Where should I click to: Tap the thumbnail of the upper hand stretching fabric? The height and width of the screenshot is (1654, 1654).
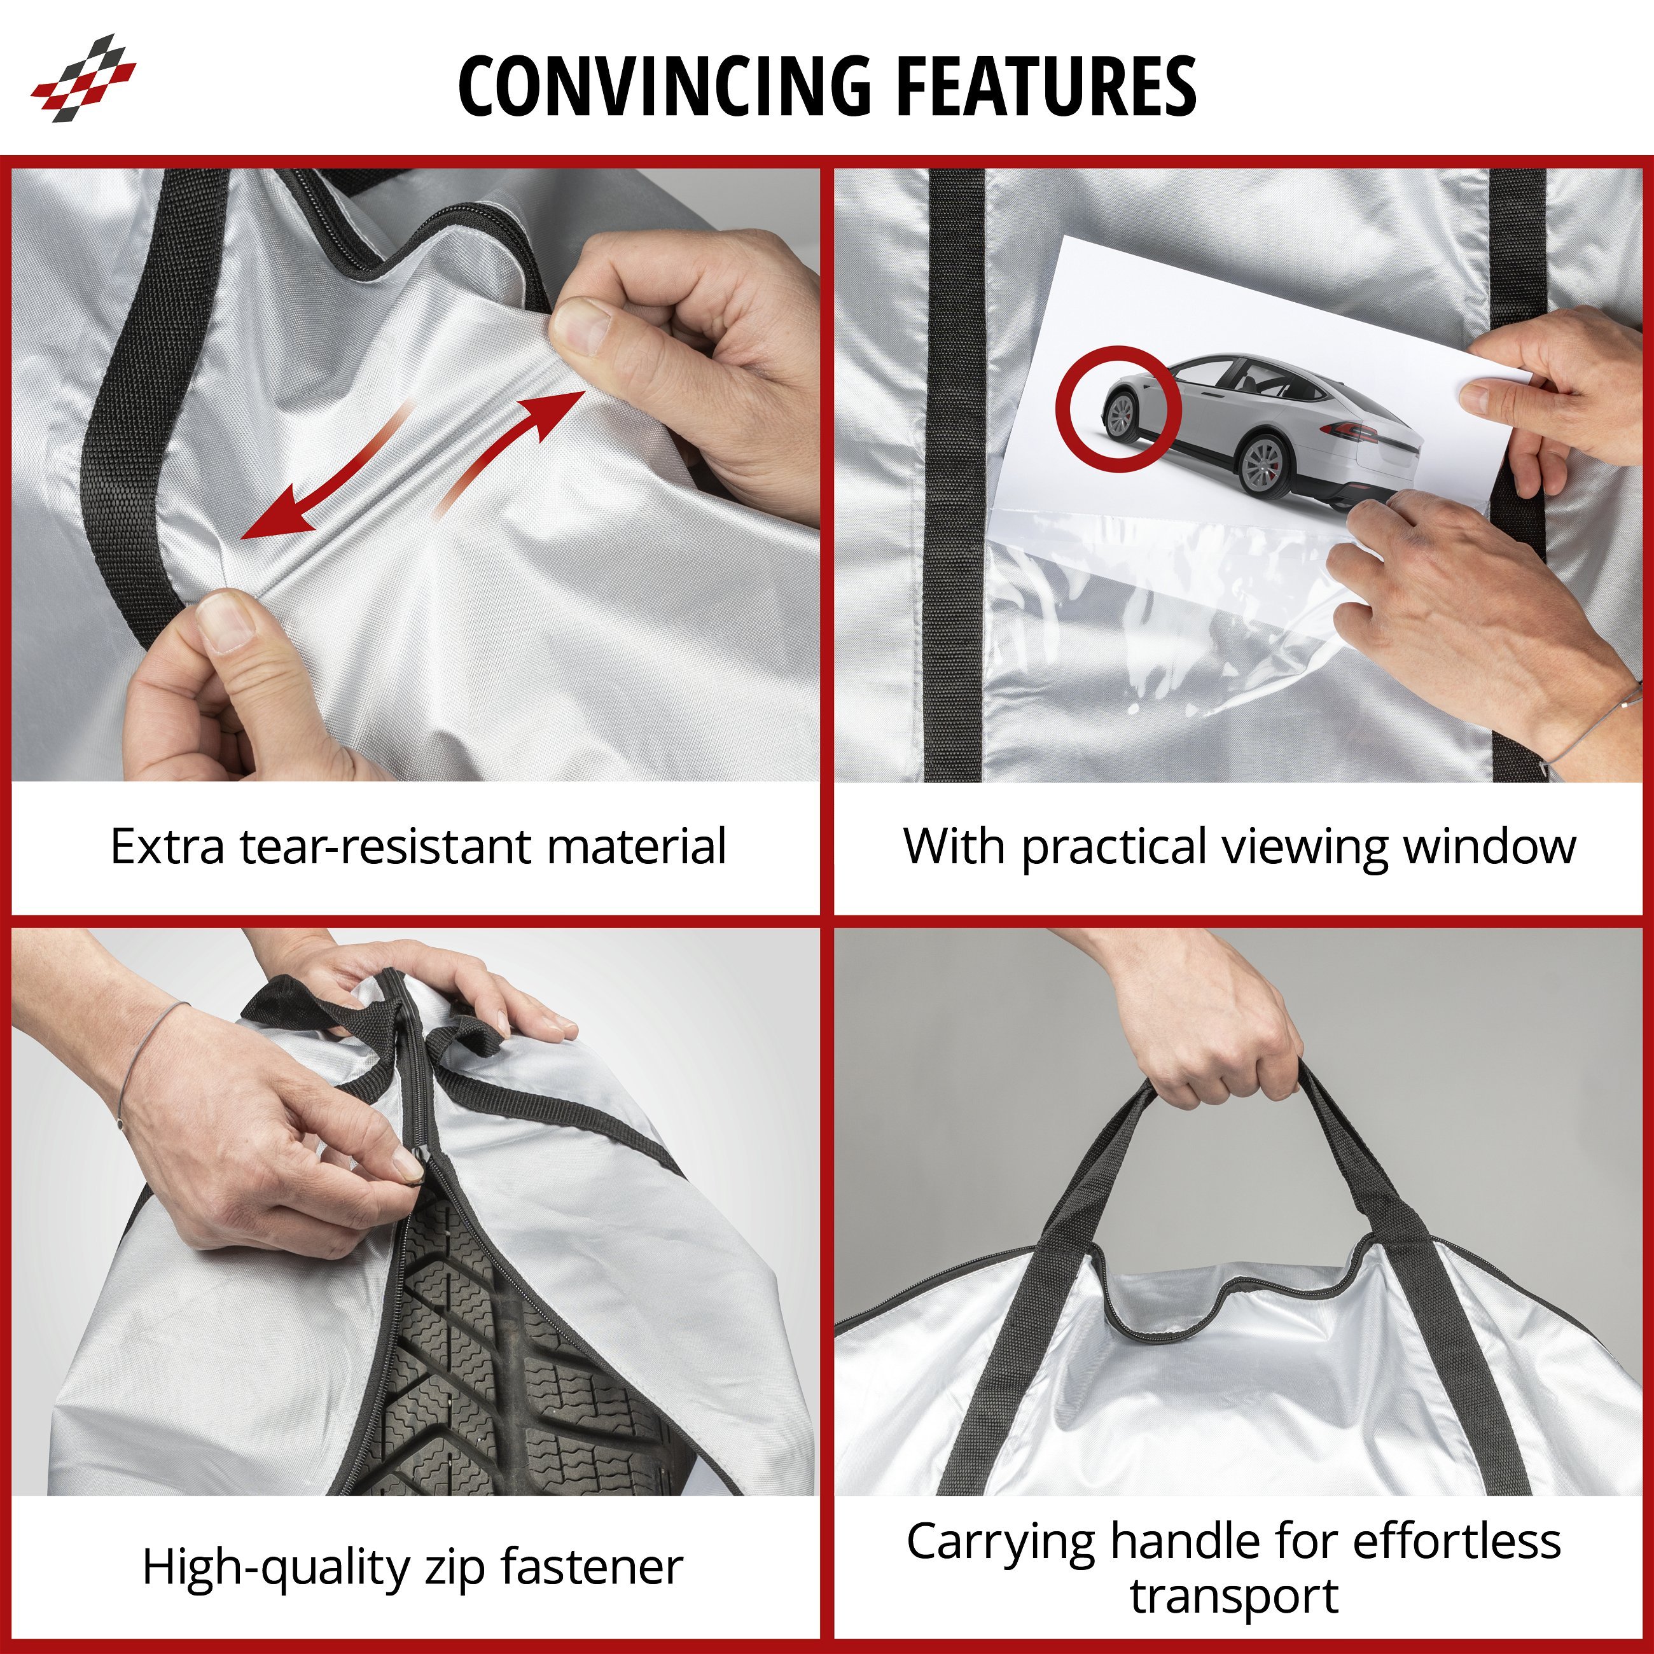point(580,329)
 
